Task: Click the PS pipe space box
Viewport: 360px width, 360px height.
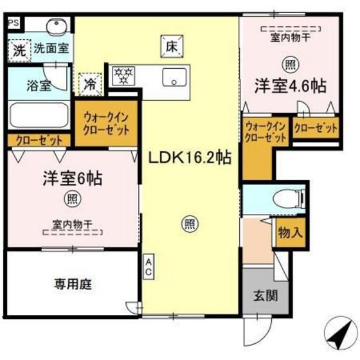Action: point(14,23)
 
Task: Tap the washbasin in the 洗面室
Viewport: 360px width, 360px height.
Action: point(57,27)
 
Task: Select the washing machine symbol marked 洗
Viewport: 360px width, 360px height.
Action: point(19,51)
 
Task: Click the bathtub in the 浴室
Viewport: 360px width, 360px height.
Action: point(39,116)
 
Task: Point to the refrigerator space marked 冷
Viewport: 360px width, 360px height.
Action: point(90,84)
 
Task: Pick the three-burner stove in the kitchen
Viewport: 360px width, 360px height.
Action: point(123,75)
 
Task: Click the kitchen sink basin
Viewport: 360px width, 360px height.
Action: point(174,77)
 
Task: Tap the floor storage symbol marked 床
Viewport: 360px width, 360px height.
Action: point(172,46)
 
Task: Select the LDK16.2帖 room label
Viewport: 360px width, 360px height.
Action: point(190,158)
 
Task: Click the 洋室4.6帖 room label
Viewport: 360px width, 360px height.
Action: point(291,86)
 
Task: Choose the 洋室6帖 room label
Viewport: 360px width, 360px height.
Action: point(73,179)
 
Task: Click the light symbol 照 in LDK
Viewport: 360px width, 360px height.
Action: point(190,224)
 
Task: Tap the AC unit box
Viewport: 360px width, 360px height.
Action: point(148,267)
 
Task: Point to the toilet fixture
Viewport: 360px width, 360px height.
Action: point(289,197)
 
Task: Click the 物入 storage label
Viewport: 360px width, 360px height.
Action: point(291,233)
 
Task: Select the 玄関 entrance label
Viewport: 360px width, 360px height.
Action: point(265,296)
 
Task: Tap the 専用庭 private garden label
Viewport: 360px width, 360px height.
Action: point(73,284)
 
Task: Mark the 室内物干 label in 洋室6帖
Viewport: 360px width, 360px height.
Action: point(73,224)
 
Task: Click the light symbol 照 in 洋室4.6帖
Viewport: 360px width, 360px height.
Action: point(291,65)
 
